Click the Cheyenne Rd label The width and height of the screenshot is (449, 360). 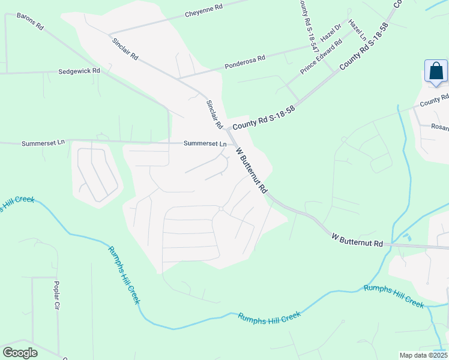click(203, 11)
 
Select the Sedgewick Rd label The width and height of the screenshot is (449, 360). click(79, 71)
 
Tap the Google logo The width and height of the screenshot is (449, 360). click(20, 353)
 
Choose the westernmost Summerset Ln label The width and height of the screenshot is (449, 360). click(43, 143)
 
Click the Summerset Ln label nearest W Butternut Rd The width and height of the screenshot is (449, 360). click(205, 144)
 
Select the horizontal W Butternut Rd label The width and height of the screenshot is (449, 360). click(357, 240)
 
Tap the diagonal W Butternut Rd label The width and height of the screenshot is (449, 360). click(252, 171)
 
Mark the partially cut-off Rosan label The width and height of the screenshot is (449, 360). click(441, 127)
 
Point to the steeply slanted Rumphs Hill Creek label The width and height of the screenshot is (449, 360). click(124, 275)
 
